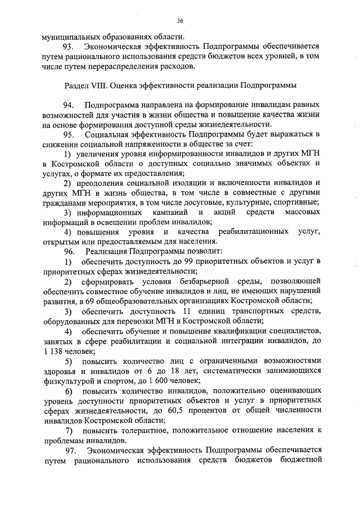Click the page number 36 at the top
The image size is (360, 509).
coord(180,21)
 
